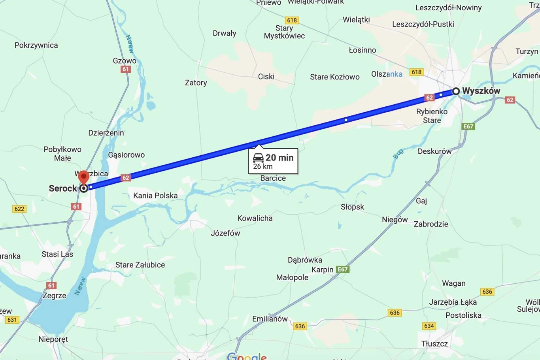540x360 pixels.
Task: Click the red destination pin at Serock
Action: click(83, 177)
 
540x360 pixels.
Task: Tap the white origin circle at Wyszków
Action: click(456, 91)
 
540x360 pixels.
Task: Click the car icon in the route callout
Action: click(258, 158)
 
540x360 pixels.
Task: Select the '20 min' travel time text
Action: click(279, 158)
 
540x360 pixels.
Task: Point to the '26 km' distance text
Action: click(263, 166)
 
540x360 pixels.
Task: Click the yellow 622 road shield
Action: click(19, 209)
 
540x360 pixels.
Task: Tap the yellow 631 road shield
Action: click(12, 320)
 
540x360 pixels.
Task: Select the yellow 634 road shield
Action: click(429, 326)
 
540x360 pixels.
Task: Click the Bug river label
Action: click(398, 153)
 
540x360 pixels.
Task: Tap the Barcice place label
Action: click(273, 178)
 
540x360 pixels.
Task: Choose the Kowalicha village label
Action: click(255, 218)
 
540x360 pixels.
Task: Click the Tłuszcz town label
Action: click(434, 344)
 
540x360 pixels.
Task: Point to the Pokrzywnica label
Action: click(36, 45)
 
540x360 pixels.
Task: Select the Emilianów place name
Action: click(270, 319)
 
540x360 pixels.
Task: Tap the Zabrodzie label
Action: click(431, 224)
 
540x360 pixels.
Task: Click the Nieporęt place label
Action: click(53, 339)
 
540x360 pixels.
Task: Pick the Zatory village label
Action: click(196, 83)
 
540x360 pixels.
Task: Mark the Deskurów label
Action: click(434, 151)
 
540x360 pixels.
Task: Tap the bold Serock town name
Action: click(62, 188)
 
